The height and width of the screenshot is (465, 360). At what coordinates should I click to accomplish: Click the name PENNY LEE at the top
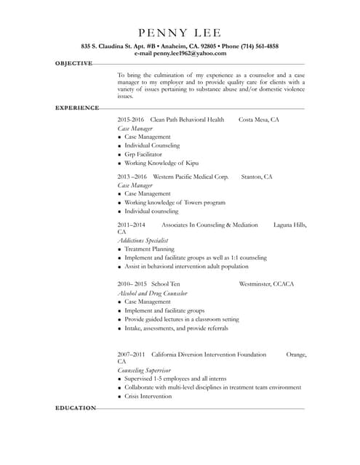(x=179, y=33)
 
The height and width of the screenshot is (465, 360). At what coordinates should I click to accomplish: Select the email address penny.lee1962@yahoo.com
(x=190, y=54)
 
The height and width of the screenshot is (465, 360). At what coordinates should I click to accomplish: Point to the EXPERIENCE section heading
(x=77, y=108)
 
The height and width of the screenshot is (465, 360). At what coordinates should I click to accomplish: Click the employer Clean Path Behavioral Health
(x=187, y=119)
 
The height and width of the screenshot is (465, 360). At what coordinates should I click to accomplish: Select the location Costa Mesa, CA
(x=259, y=119)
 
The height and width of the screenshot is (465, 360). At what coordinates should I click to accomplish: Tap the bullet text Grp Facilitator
(x=143, y=155)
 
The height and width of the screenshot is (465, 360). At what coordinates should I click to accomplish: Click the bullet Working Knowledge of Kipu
(x=161, y=163)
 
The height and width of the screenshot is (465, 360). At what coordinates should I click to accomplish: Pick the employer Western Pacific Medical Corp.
(x=191, y=177)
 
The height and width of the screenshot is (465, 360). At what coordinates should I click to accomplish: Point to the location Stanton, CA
(x=257, y=177)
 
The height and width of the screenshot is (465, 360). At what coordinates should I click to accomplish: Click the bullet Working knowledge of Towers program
(x=175, y=203)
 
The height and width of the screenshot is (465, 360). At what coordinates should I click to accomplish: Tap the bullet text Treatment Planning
(x=149, y=249)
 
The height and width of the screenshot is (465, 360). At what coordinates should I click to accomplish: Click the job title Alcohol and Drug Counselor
(x=152, y=294)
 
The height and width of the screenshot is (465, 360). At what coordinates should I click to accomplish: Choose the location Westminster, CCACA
(x=266, y=284)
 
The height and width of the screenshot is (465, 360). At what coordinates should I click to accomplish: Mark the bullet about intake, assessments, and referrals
(x=176, y=328)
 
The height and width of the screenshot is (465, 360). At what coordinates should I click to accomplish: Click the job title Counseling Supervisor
(x=144, y=370)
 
